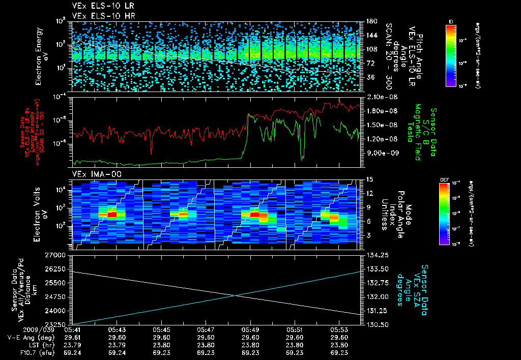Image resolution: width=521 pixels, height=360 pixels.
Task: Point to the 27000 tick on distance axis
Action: (57, 254)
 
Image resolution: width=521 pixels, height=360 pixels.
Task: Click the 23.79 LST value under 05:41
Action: (71, 345)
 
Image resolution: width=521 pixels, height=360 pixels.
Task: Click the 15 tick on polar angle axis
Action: (370, 179)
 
